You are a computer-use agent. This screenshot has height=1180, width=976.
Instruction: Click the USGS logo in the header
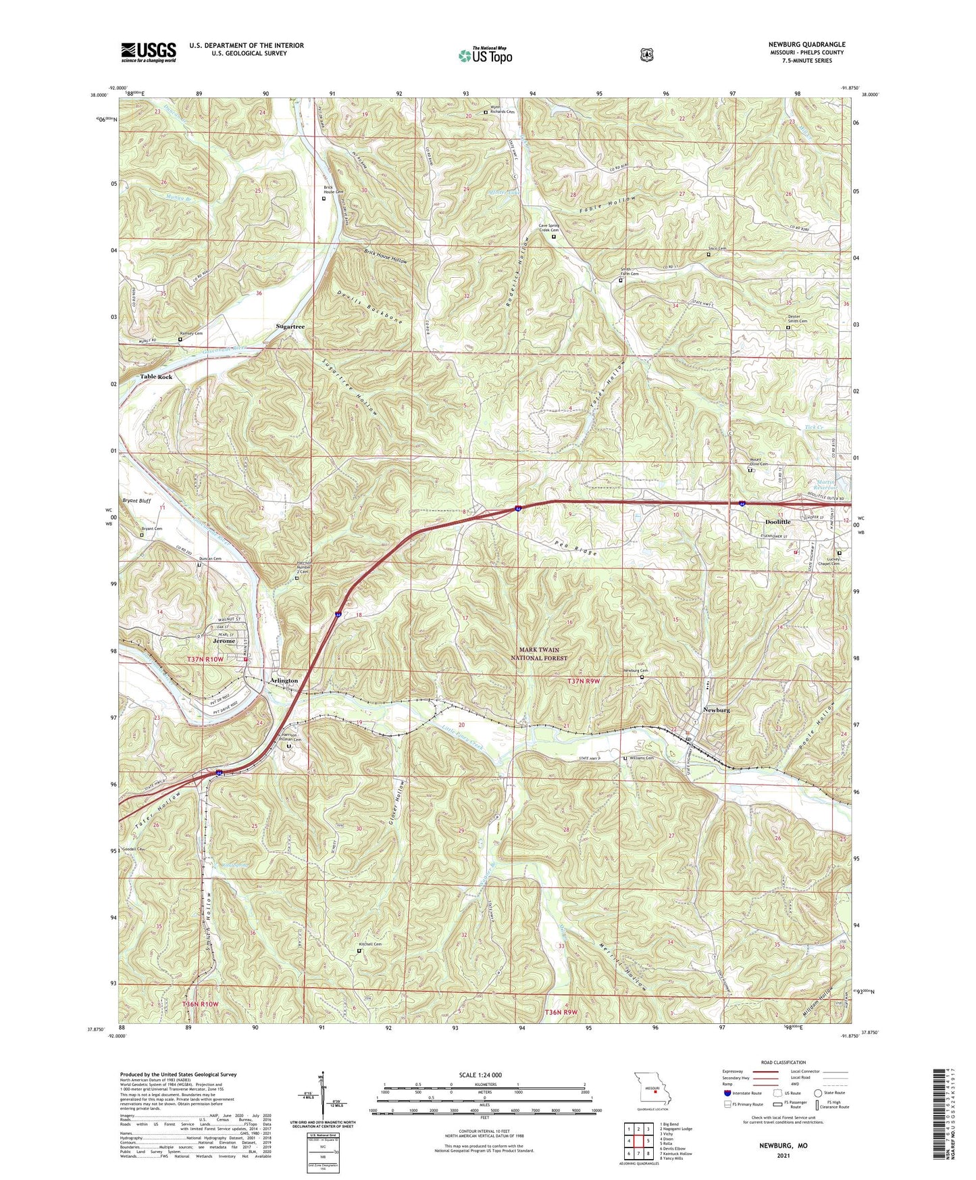coord(149,52)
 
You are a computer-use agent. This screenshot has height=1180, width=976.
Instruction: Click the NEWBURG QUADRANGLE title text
coord(802,45)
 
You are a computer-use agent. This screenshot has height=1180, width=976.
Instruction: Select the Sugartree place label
coord(290,326)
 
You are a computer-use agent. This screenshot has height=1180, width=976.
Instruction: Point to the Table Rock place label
coord(156,376)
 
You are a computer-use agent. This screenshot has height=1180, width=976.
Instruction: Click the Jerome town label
coord(224,641)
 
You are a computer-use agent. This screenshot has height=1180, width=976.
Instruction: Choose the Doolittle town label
coord(777,522)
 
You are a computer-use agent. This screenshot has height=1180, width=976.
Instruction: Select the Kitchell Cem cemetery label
coord(370,944)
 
